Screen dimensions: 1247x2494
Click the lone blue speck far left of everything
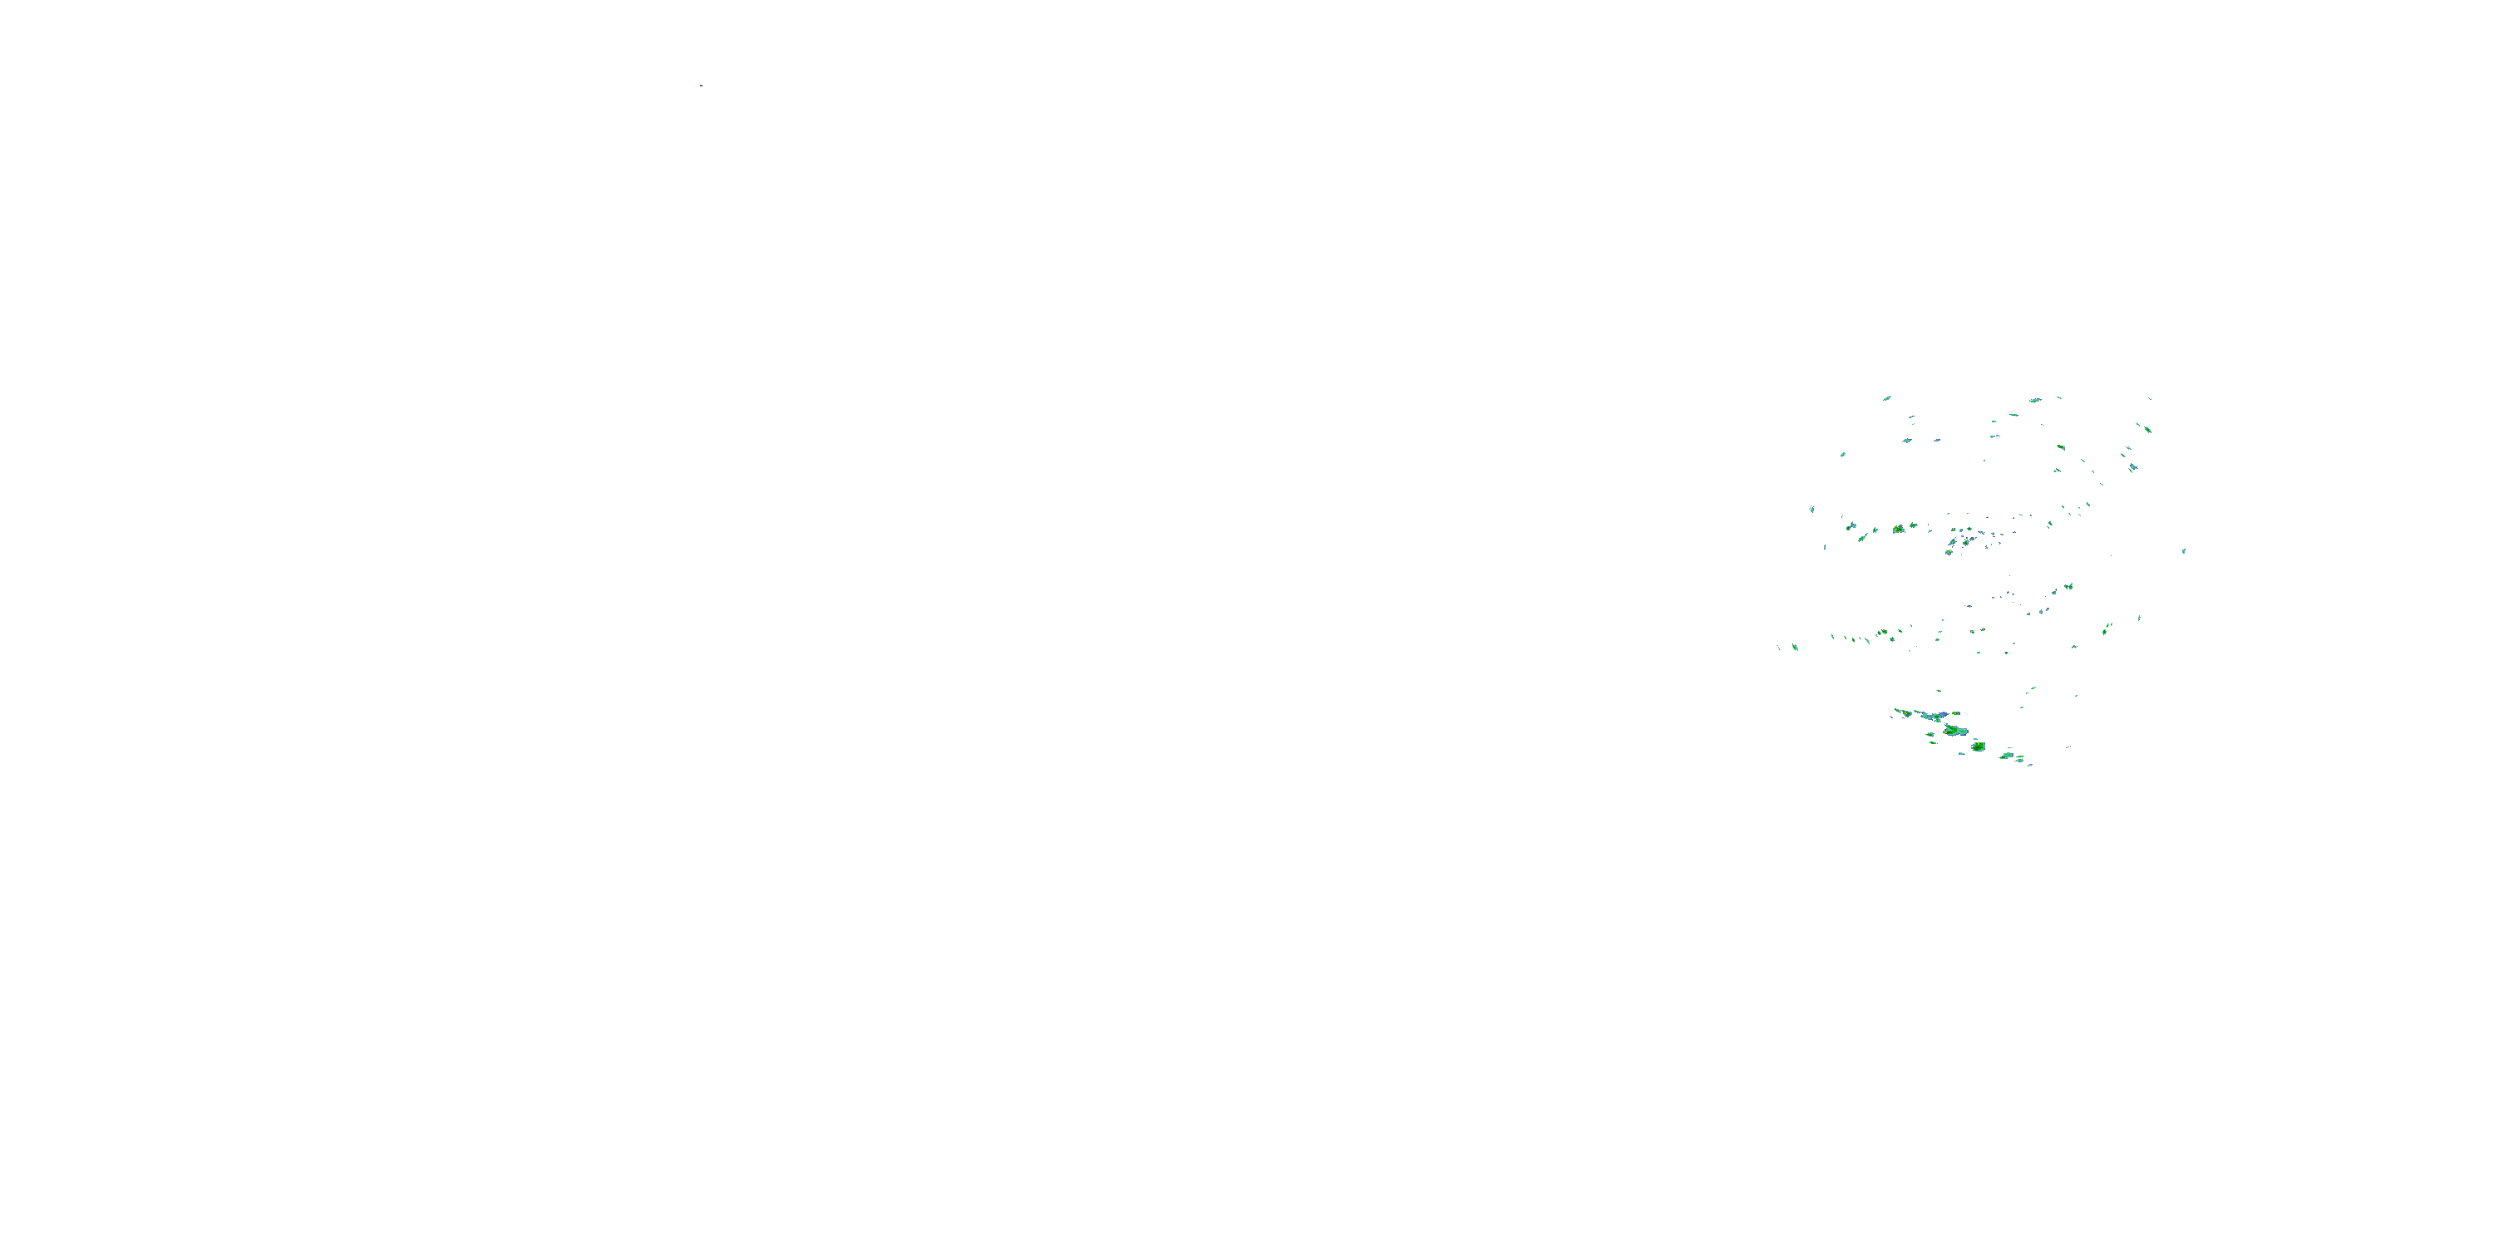click(701, 85)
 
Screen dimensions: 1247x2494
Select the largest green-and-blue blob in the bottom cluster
click(1954, 730)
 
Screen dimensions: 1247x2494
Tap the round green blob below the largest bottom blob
click(1978, 747)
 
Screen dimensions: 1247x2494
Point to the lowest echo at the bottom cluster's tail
click(2029, 764)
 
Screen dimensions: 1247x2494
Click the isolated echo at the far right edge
click(2183, 551)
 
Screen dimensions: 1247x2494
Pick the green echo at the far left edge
click(1795, 647)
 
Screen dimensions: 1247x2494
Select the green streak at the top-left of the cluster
click(1887, 398)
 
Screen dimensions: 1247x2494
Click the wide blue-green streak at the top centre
click(2035, 400)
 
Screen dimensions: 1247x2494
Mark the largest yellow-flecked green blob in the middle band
click(1899, 530)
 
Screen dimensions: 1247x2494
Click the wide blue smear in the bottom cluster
click(1934, 717)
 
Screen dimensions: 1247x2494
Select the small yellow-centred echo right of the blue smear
click(1957, 714)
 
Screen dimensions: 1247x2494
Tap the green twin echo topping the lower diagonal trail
click(2068, 587)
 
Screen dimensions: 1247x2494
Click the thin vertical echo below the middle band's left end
click(1825, 547)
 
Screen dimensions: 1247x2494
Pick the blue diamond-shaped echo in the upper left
click(1906, 441)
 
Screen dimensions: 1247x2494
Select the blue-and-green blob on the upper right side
click(2133, 467)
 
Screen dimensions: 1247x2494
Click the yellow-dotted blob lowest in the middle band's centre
click(1949, 551)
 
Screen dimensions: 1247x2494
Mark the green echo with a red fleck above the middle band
click(2058, 471)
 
